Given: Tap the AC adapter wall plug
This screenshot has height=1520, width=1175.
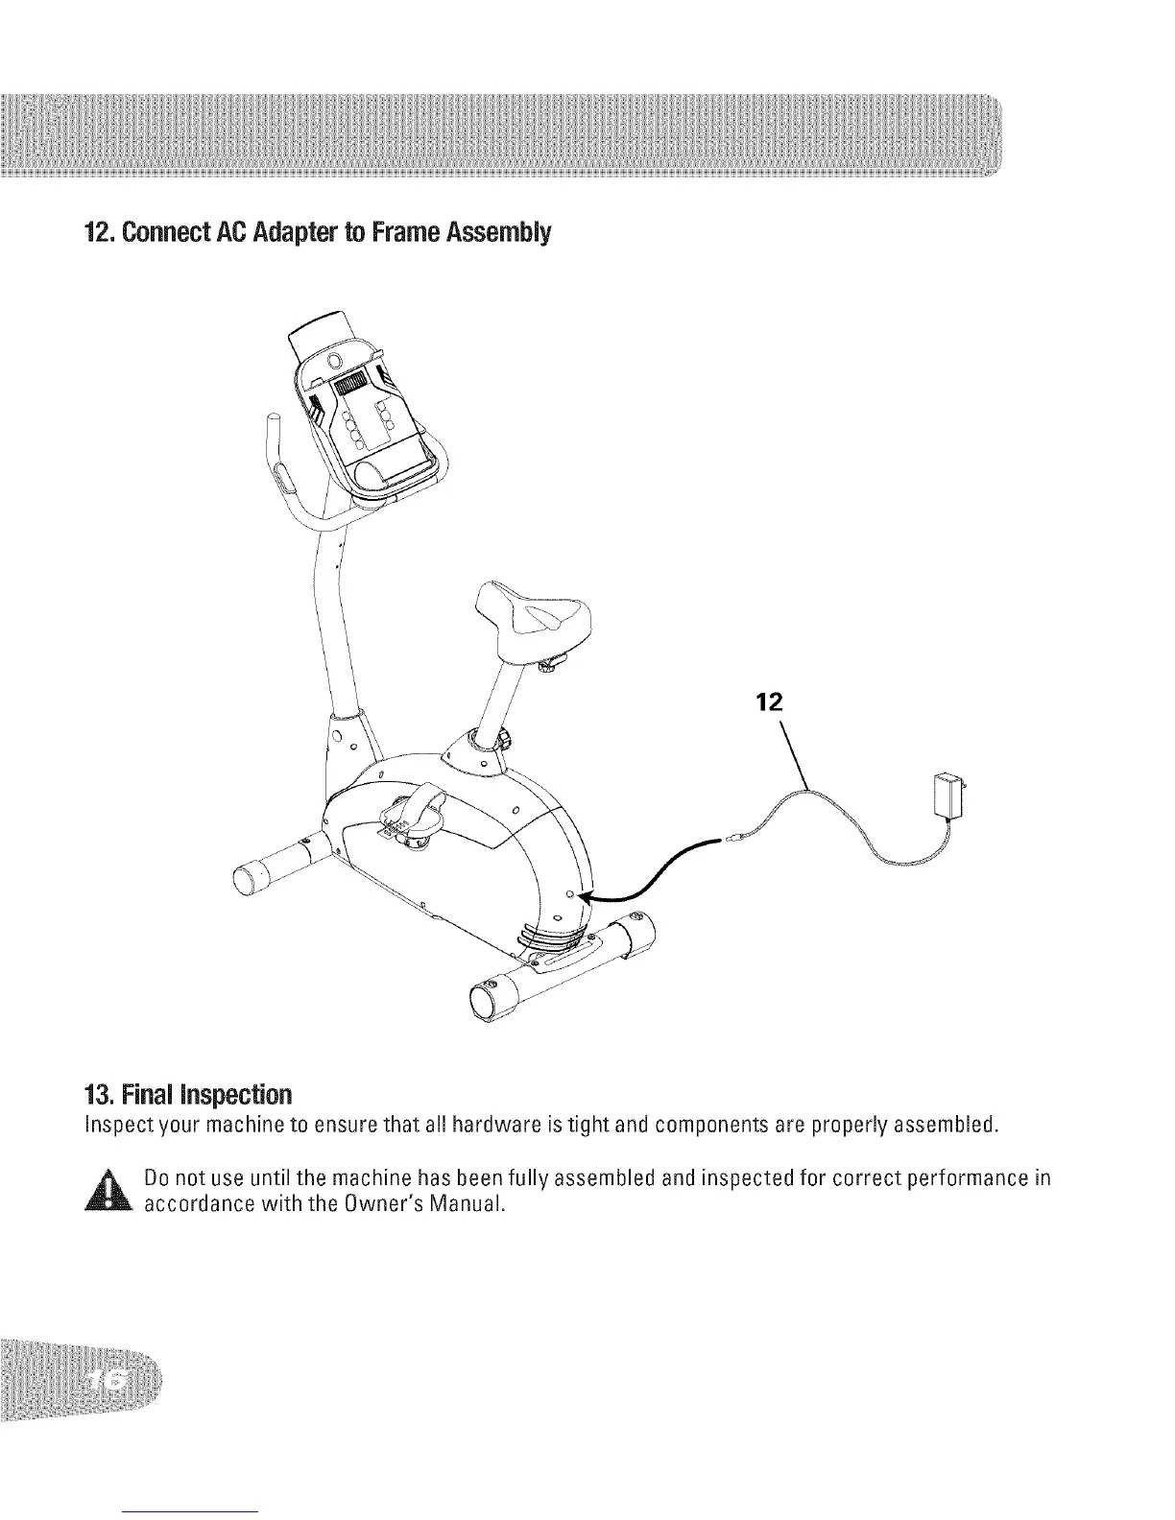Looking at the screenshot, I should click(x=949, y=795).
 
